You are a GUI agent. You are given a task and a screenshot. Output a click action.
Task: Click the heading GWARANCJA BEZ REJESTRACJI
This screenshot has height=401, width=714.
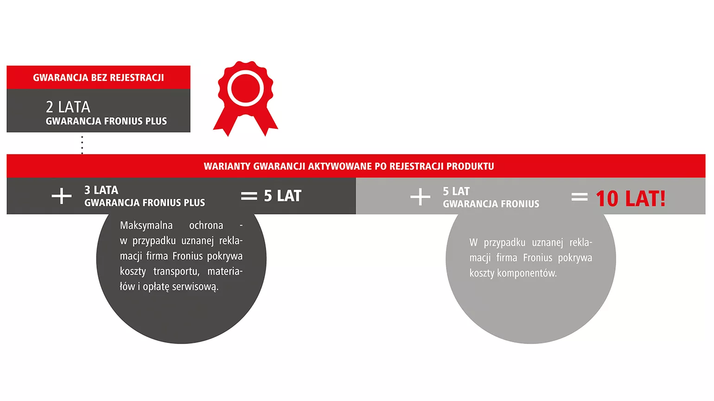[x=98, y=78]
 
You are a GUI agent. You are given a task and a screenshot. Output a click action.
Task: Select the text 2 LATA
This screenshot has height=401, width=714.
[x=68, y=107]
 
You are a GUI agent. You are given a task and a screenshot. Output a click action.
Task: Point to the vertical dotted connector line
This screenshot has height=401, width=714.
[x=82, y=145]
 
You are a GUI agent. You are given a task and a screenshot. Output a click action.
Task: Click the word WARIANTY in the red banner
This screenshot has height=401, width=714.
[x=227, y=166]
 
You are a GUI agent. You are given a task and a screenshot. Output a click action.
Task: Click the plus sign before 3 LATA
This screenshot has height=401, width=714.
[x=62, y=196]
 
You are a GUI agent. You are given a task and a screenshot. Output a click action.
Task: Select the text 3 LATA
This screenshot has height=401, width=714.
[x=101, y=190]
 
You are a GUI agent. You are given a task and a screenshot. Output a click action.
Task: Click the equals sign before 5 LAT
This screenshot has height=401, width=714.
[x=249, y=196]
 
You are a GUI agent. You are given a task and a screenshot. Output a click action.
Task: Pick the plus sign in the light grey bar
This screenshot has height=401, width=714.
[x=420, y=197]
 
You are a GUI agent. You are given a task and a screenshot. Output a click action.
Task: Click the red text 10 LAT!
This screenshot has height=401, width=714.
[x=631, y=199]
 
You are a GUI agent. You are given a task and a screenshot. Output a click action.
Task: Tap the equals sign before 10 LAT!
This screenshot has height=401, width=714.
[x=580, y=197]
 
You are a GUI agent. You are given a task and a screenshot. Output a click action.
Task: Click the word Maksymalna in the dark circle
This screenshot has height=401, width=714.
[x=147, y=226]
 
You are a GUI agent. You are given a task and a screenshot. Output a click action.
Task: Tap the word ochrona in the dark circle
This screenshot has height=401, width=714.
[x=206, y=226]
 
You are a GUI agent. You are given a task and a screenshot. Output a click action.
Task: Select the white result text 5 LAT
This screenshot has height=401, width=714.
[x=282, y=196]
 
